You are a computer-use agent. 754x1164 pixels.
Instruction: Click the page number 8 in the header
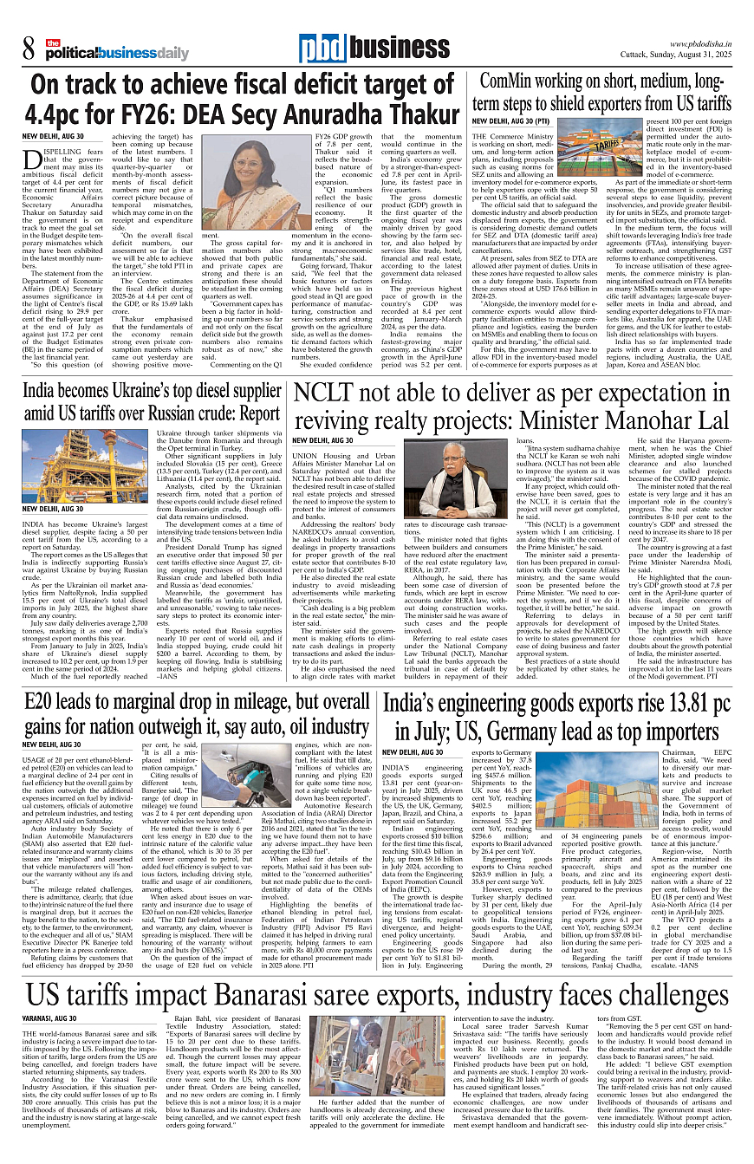point(29,51)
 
